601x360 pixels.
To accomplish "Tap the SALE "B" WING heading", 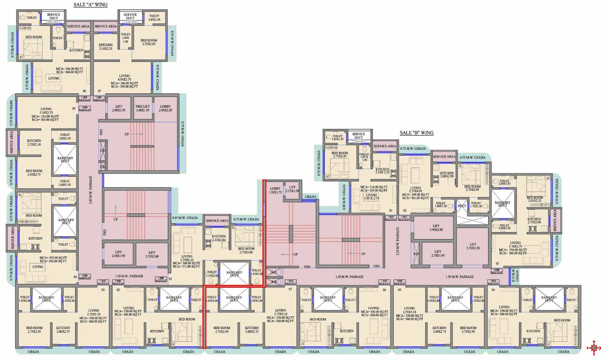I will pyautogui.click(x=416, y=133).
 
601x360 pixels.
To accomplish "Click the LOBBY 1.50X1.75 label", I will pyautogui.click(x=275, y=190).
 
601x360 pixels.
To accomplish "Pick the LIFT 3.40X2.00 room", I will pyautogui.click(x=433, y=227).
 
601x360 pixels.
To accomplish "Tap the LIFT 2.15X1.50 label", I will pyautogui.click(x=292, y=189).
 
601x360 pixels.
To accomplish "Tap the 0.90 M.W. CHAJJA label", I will pyautogui.click(x=345, y=196).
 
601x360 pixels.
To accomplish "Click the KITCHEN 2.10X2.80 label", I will pyautogui.click(x=218, y=238).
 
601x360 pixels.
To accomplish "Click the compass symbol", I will pyautogui.click(x=594, y=347).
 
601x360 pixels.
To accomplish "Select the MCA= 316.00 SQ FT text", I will pyautogui.click(x=373, y=187).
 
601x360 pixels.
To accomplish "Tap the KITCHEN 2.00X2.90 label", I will pyautogui.click(x=447, y=175).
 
